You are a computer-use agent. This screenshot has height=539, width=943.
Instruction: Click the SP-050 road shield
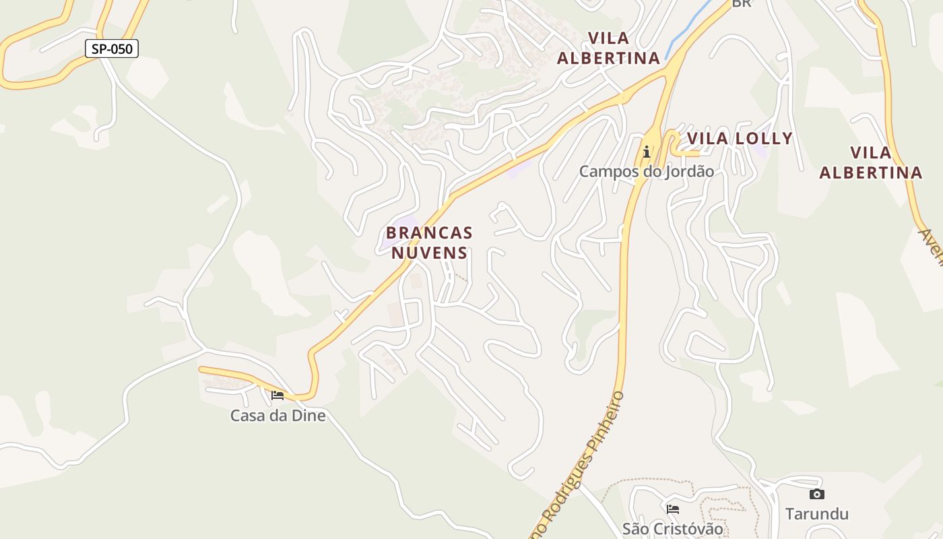coord(112,49)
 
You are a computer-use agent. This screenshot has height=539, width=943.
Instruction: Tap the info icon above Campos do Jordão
coord(647,152)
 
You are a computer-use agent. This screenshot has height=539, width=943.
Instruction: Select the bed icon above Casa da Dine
coord(278,395)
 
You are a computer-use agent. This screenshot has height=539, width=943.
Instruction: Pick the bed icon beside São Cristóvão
coord(672,509)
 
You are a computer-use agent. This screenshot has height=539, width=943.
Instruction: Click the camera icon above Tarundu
coord(817,495)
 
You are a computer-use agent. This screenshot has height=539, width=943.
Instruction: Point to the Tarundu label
coord(817,514)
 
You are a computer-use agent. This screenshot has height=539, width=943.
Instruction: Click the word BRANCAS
coord(429,233)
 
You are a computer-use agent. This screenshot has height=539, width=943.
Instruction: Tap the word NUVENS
coord(429,253)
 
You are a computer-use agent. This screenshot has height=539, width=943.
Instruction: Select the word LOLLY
coord(764,139)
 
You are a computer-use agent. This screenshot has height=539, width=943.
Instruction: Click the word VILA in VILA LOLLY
coord(708,139)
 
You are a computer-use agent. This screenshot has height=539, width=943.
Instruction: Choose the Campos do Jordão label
coord(647,171)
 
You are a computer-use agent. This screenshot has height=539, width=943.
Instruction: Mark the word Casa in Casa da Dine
coord(246,416)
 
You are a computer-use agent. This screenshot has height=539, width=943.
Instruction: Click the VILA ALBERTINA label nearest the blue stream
coord(608,48)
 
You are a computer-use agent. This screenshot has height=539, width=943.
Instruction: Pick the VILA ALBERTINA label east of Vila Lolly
coord(870,162)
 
